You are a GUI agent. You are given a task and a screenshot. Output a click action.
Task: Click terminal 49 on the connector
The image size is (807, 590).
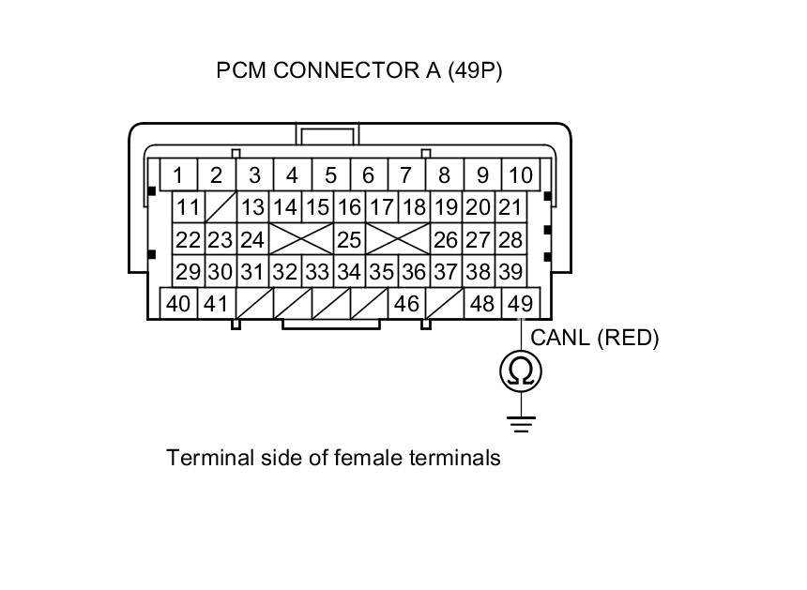520,304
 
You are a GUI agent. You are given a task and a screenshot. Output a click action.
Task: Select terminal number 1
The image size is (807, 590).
177,175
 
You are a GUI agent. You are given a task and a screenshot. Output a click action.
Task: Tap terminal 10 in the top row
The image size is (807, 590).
520,175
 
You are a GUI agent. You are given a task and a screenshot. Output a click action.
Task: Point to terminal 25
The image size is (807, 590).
349,239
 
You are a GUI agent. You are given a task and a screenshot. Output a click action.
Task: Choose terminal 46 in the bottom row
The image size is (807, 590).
406,304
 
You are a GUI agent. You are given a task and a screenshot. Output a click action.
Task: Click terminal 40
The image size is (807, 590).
178,304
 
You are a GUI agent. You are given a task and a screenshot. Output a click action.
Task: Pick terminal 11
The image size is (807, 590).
189,207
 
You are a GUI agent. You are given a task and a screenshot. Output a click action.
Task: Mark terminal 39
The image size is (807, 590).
510,272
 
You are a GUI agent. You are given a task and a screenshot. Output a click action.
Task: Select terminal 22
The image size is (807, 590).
189,239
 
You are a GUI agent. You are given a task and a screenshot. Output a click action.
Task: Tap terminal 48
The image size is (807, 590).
482,304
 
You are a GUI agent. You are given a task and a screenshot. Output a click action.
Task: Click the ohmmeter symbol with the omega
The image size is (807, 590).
520,372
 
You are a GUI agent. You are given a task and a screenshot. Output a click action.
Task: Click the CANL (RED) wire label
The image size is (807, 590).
595,338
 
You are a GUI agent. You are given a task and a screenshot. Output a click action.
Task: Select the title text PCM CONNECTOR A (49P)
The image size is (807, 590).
359,71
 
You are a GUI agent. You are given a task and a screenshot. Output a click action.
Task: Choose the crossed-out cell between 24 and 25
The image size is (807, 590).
301,239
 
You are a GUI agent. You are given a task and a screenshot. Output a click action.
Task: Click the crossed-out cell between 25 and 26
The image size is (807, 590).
397,239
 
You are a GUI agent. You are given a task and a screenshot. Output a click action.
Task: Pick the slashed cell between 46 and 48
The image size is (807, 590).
445,304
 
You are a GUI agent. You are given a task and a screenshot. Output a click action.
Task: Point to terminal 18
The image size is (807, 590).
414,207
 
